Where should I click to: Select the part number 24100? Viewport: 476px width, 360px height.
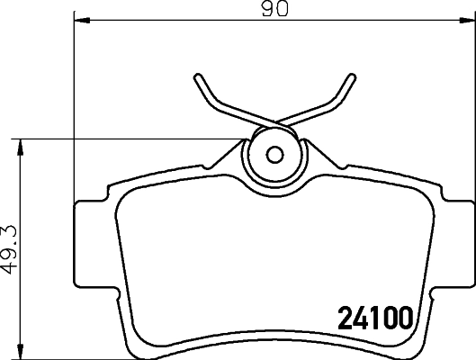click(x=373, y=317)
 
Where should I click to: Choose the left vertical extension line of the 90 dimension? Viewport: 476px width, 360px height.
click(x=71, y=108)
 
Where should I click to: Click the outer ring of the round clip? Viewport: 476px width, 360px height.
click(x=256, y=153)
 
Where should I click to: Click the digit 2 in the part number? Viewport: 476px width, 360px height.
click(x=345, y=317)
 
